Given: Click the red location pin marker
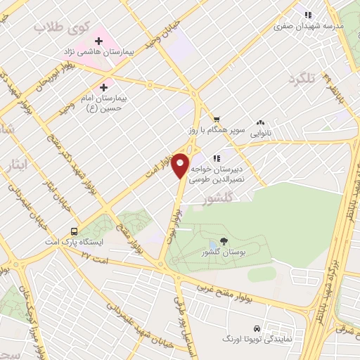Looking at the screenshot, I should coord(181,165).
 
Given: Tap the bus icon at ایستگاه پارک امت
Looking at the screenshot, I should coord(74,231).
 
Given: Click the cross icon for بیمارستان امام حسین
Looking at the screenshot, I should coord(104,88).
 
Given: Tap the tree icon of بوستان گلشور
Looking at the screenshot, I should coord(224,240).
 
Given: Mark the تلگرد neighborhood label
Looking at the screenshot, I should coord(304,79).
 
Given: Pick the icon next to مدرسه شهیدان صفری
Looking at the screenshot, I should coord(307,15).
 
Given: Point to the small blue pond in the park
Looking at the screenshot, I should coord(213,244).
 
